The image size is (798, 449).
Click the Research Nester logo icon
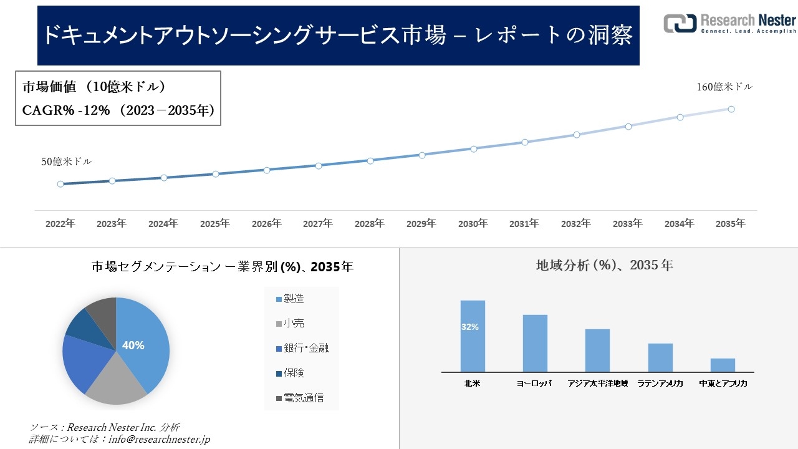pos(680,23)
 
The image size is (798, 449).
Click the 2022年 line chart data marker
pos(60,184)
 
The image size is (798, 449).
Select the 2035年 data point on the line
pos(731,109)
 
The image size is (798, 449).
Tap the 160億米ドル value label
pos(724,87)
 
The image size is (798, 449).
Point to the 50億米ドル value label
pos(66,162)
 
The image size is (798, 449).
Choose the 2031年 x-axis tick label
pos(524,223)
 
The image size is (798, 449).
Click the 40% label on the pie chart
pos(133,345)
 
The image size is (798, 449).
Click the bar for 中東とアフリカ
pos(723,365)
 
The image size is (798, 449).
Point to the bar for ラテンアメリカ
pos(660,357)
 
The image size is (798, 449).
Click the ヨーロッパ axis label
pos(534,384)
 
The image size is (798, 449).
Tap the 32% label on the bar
pos(470,327)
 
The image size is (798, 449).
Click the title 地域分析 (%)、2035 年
pos(604,265)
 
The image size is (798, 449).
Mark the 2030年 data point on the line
pos(474,149)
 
